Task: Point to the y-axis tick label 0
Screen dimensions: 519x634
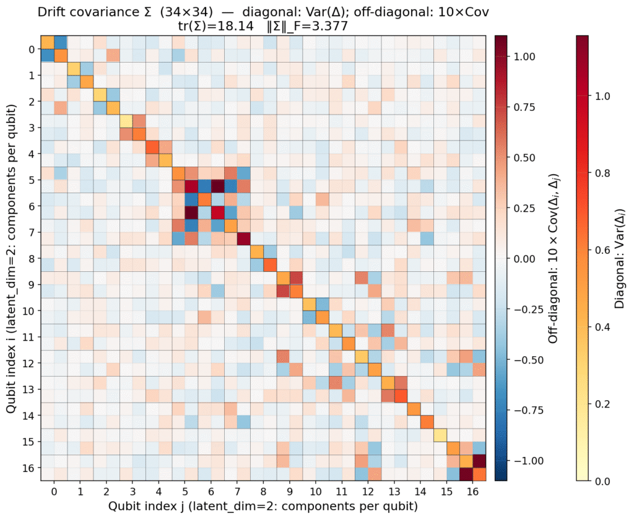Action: coord(30,49)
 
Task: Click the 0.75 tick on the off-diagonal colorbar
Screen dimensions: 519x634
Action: coord(525,107)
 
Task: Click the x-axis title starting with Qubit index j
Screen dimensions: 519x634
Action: coord(263,506)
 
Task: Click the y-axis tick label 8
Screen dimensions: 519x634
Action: coord(30,258)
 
